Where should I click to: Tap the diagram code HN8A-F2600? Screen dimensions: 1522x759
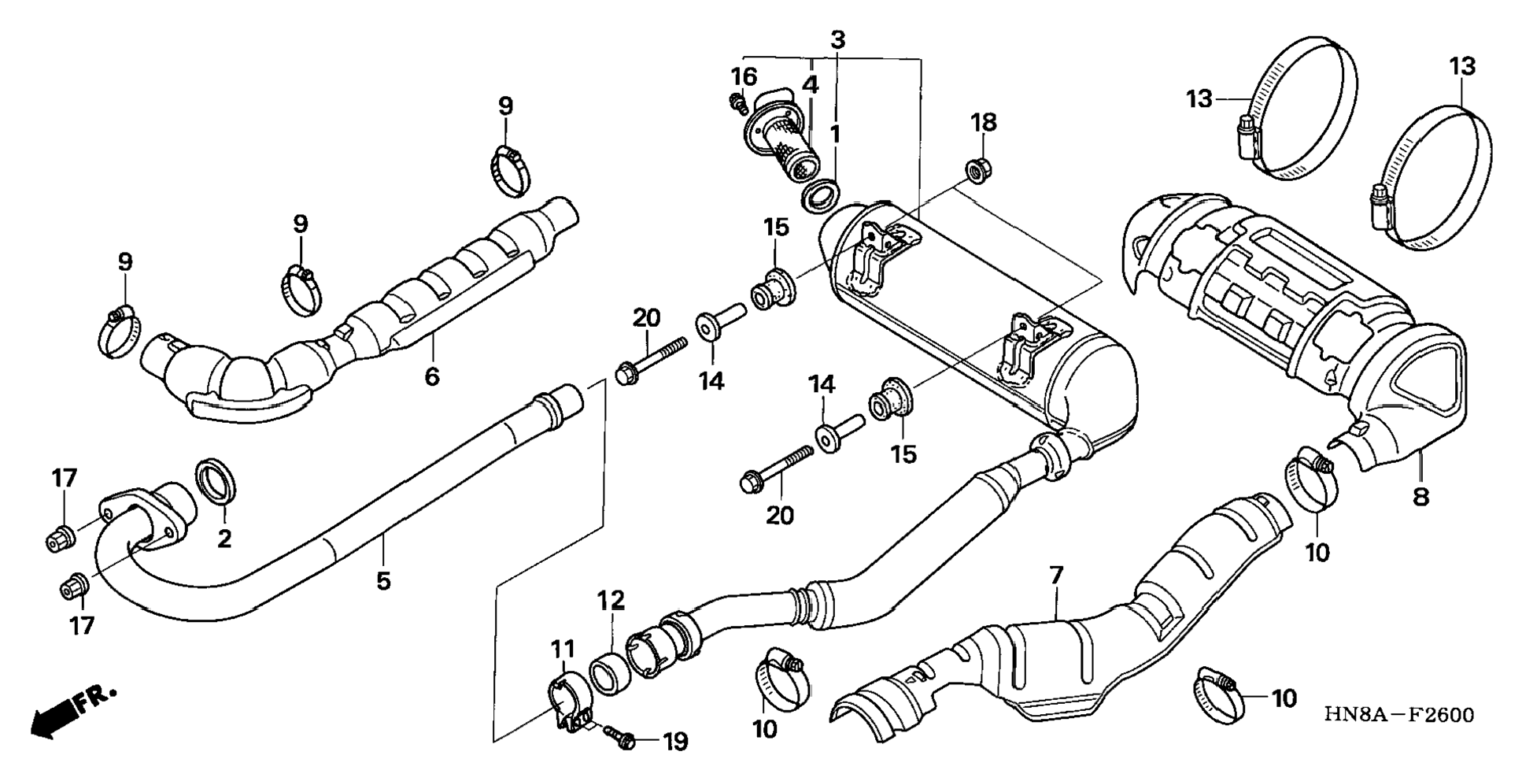pyautogui.click(x=1398, y=715)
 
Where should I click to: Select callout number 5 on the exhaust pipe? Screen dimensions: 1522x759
pyautogui.click(x=382, y=581)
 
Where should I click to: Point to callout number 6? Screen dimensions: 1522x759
pyautogui.click(x=431, y=376)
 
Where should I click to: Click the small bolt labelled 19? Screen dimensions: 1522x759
pyautogui.click(x=620, y=738)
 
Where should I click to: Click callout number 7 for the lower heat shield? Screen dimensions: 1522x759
pyautogui.click(x=1055, y=576)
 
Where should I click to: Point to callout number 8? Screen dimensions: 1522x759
pyautogui.click(x=1420, y=497)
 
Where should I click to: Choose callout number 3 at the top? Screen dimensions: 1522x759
pyautogui.click(x=837, y=39)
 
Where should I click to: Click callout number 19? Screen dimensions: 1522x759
pyautogui.click(x=674, y=741)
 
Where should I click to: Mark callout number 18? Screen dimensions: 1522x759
pyautogui.click(x=983, y=122)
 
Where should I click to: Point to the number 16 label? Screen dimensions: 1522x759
pyautogui.click(x=743, y=77)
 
